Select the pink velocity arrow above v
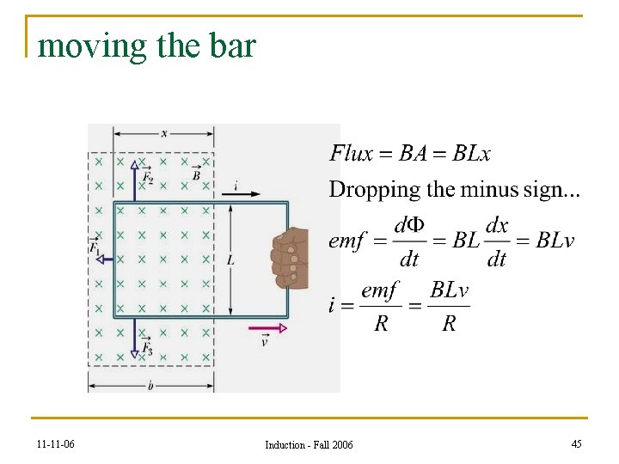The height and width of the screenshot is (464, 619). pos(267,327)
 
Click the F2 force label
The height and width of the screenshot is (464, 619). pos(149,177)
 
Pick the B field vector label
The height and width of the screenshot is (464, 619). pos(197,175)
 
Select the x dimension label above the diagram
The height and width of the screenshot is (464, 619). pos(163,133)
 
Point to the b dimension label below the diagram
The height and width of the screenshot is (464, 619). pos(150,387)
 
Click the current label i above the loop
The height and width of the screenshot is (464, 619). pos(236,185)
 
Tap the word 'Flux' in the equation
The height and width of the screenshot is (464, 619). pos(351,154)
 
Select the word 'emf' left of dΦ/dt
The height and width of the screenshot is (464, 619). pos(347,241)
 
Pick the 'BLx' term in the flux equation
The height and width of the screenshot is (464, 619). pos(472,154)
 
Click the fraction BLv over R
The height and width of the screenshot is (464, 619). pos(449,307)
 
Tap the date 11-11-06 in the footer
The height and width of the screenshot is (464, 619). pos(56,444)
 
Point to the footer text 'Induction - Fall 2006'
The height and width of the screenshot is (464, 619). pos(309,444)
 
